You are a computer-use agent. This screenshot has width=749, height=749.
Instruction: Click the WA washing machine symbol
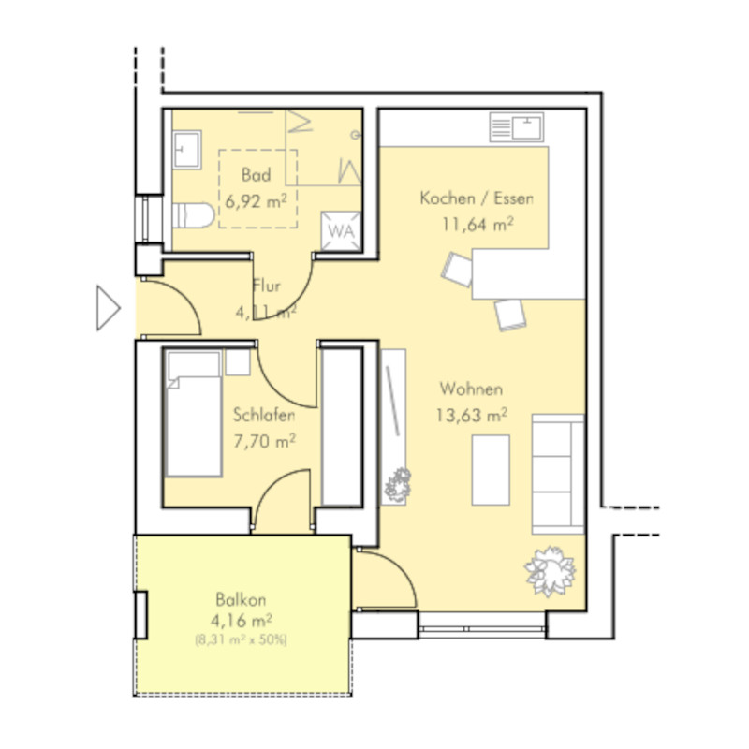click(x=341, y=230)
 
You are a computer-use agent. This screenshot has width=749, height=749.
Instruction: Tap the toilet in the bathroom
click(x=193, y=215)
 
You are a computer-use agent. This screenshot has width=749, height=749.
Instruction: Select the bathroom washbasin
click(x=186, y=150)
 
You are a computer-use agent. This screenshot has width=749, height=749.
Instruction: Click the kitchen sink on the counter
click(x=517, y=127)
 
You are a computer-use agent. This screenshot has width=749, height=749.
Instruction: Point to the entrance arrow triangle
click(x=108, y=308)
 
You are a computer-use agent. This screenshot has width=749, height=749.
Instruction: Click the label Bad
click(x=256, y=175)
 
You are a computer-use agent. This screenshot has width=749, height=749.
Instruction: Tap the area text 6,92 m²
click(x=256, y=201)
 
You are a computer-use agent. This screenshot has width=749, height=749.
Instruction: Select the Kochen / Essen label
click(x=477, y=198)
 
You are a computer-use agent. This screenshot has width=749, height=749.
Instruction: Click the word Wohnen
click(x=471, y=389)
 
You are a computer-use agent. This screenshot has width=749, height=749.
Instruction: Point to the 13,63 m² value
click(x=472, y=415)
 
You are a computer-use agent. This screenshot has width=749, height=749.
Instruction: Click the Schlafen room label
click(x=264, y=415)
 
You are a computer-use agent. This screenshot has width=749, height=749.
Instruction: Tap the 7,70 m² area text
click(x=264, y=440)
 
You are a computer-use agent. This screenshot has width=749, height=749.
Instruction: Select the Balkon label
click(x=241, y=599)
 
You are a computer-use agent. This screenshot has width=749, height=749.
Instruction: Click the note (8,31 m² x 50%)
click(x=242, y=639)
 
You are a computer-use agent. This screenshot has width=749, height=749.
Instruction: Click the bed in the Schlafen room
click(x=194, y=414)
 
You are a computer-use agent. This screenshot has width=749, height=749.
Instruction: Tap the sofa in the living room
click(x=558, y=474)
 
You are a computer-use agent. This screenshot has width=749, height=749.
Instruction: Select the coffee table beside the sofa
click(x=491, y=470)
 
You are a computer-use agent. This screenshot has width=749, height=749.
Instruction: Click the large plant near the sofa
click(x=550, y=571)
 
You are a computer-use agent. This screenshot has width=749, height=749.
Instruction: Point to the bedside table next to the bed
click(x=238, y=362)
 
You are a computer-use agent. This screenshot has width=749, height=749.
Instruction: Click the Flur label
click(x=267, y=286)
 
